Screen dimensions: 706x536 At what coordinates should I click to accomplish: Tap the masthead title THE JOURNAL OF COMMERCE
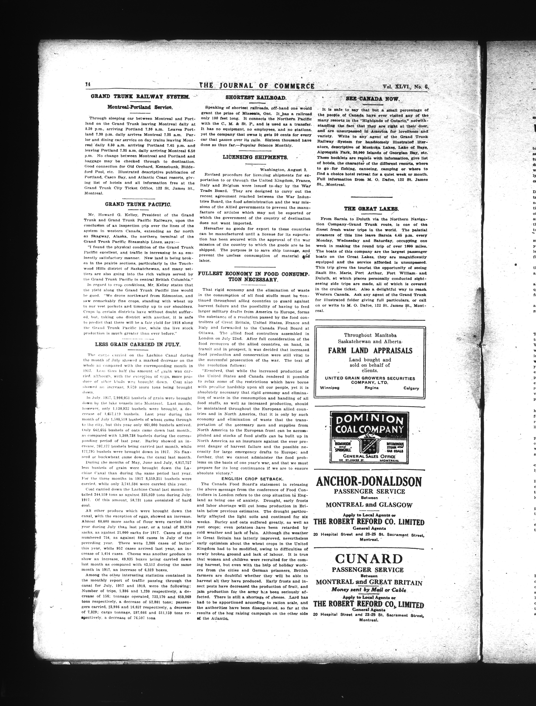coord(257,86)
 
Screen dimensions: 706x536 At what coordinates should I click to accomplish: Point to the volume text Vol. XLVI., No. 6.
coord(405,86)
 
